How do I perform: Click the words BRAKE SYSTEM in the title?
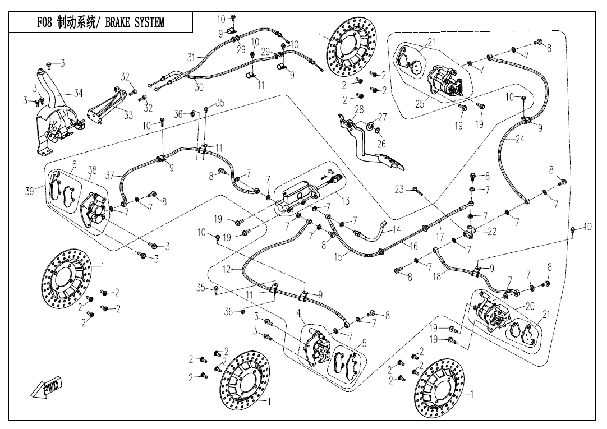(134, 22)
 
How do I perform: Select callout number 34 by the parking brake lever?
(79, 93)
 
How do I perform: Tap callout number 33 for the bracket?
(128, 116)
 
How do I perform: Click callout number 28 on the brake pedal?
(359, 109)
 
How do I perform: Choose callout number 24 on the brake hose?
(519, 139)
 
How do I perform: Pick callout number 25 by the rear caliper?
(420, 103)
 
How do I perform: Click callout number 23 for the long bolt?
(399, 190)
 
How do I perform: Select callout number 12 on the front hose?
(227, 270)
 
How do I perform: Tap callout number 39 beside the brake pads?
(30, 191)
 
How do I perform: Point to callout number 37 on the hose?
(110, 176)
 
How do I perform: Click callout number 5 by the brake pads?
(364, 344)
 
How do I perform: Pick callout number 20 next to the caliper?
(530, 306)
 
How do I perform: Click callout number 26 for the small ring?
(381, 144)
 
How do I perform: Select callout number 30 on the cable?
(199, 87)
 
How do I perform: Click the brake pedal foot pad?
(392, 162)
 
